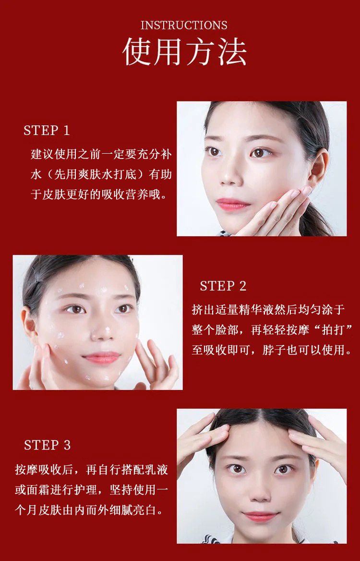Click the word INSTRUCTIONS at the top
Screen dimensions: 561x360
click(184, 25)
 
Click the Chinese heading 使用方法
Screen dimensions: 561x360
click(184, 52)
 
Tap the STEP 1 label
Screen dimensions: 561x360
click(47, 130)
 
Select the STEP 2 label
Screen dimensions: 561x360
click(223, 286)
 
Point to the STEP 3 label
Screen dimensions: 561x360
click(47, 445)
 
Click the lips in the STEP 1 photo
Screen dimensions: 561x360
click(233, 204)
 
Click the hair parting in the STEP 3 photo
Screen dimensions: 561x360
click(262, 423)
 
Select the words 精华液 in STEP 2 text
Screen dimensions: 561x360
click(258, 310)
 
